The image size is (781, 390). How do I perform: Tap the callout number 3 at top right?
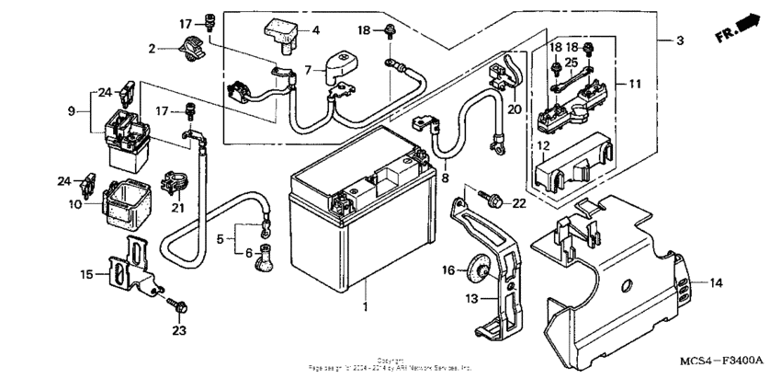point(679,41)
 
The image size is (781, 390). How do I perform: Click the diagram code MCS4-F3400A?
point(722,361)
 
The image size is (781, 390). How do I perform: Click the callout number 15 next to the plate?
point(86,274)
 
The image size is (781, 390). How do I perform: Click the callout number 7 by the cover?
point(309,69)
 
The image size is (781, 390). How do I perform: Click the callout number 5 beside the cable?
point(220,238)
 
